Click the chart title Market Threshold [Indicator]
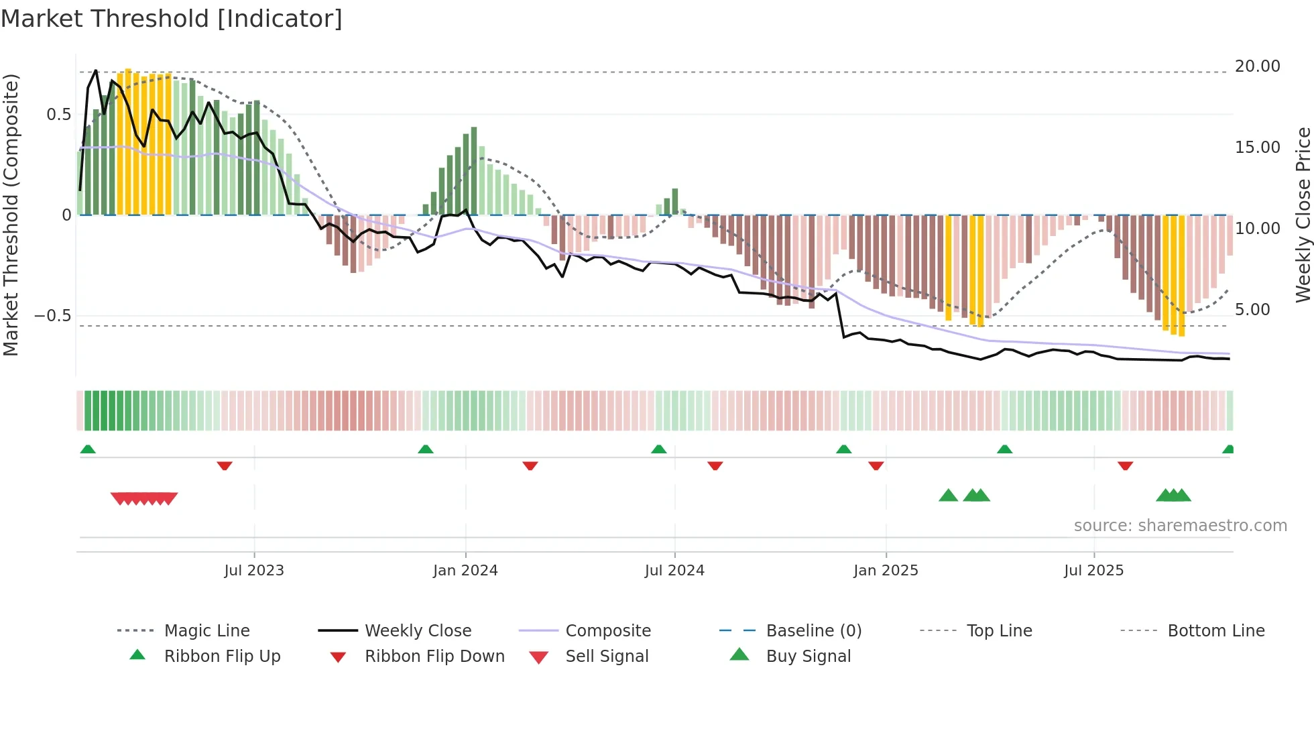[x=172, y=19]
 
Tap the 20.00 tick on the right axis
[x=1257, y=66]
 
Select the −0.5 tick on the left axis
[x=53, y=316]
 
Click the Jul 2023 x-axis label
[x=254, y=571]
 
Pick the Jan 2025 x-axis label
[x=886, y=571]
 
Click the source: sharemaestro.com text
[x=1180, y=526]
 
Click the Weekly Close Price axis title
[x=1303, y=215]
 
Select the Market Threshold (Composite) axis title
[x=11, y=215]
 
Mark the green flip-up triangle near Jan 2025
[x=843, y=449]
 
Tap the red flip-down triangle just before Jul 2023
[x=225, y=465]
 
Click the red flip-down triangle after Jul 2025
[x=1125, y=465]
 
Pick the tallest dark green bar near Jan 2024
[x=474, y=171]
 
